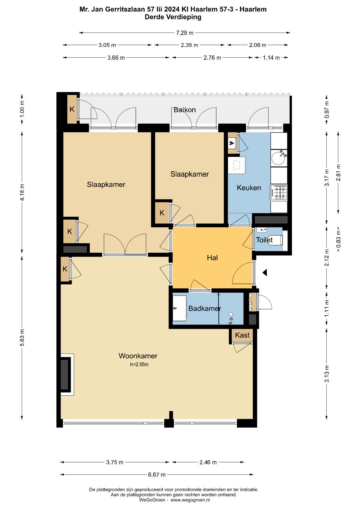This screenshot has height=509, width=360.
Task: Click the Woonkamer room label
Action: click(x=138, y=356)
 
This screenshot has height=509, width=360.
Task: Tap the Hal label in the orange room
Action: click(x=212, y=258)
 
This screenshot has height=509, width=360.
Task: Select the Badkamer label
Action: click(x=205, y=308)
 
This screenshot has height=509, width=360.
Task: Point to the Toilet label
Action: click(x=264, y=240)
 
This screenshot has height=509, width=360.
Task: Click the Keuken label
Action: click(x=249, y=188)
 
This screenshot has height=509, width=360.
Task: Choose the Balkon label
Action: click(x=185, y=110)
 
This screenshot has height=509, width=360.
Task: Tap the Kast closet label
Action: click(x=242, y=335)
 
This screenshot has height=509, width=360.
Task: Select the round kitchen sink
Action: click(x=278, y=158)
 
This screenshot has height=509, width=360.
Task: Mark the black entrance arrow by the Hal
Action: click(x=265, y=272)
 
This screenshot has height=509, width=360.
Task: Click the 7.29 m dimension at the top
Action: click(x=185, y=33)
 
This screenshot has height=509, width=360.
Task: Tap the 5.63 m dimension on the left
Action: click(x=22, y=338)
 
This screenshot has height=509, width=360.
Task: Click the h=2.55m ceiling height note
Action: click(x=139, y=364)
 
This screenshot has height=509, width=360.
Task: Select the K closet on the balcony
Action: click(x=72, y=109)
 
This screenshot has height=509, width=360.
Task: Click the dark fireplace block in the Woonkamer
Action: click(x=64, y=374)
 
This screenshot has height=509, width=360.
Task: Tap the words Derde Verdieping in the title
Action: click(x=173, y=17)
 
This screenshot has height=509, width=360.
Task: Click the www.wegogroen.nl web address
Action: click(x=190, y=500)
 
